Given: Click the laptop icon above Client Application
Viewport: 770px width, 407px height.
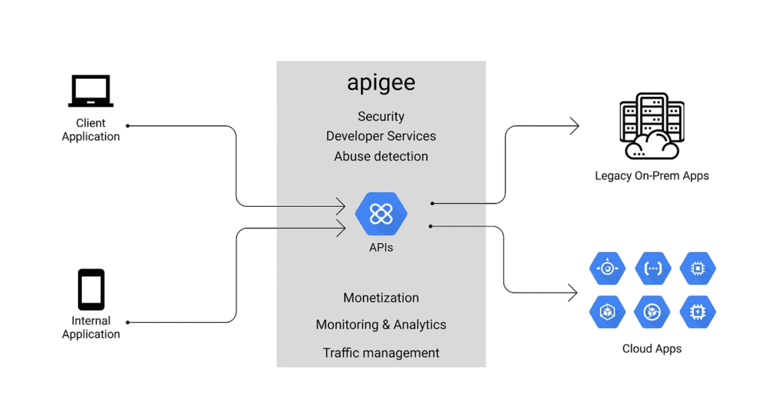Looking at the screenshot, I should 90,91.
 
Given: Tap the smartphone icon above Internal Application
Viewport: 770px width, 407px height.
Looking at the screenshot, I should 91,289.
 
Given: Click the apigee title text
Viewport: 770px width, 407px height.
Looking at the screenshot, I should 380,83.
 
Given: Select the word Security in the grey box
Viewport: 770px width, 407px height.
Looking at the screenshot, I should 380,117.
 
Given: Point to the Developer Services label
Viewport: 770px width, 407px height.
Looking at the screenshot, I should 380,136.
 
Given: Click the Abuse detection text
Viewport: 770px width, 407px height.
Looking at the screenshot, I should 380,156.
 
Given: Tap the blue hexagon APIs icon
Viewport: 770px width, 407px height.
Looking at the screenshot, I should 380,214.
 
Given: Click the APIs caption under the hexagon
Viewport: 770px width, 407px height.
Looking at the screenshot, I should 380,247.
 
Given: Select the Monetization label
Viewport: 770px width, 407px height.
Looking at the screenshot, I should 380,298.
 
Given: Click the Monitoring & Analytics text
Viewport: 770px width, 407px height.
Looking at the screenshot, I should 380,325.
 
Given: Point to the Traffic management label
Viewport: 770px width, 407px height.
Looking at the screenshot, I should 380,353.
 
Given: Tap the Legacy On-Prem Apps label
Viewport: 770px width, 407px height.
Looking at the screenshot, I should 651,176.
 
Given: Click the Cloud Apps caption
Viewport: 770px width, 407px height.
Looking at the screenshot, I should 651,349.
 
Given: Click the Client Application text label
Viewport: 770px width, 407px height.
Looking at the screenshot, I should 91,129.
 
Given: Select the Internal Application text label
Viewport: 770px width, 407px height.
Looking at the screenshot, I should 91,327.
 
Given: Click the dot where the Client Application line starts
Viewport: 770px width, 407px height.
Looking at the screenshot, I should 128,126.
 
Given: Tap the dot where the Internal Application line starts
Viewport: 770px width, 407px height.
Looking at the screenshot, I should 128,322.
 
